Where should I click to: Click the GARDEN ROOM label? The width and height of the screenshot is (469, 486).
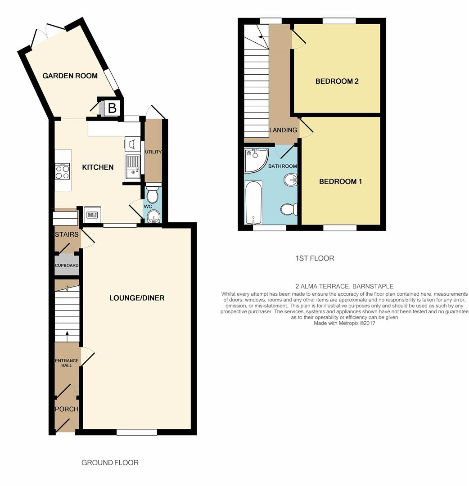click(70, 76)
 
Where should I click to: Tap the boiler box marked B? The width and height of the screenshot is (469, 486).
click(112, 108)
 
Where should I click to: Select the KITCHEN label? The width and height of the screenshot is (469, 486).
click(98, 167)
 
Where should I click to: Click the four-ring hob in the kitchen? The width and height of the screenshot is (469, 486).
click(63, 170)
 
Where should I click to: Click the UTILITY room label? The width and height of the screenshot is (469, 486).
click(153, 152)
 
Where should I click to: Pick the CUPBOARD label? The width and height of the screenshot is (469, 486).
click(67, 265)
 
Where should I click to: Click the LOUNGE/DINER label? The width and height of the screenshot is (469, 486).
click(137, 298)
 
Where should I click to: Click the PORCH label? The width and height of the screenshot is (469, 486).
click(67, 409)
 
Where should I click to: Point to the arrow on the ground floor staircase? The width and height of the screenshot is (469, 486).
click(67, 333)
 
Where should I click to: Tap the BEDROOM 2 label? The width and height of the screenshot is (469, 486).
click(337, 81)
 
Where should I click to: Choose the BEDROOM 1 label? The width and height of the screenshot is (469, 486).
click(340, 182)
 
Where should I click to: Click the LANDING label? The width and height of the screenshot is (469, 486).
click(283, 130)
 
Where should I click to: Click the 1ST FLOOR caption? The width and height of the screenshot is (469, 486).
click(315, 258)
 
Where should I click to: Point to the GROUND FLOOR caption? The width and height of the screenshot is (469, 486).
click(110, 463)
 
